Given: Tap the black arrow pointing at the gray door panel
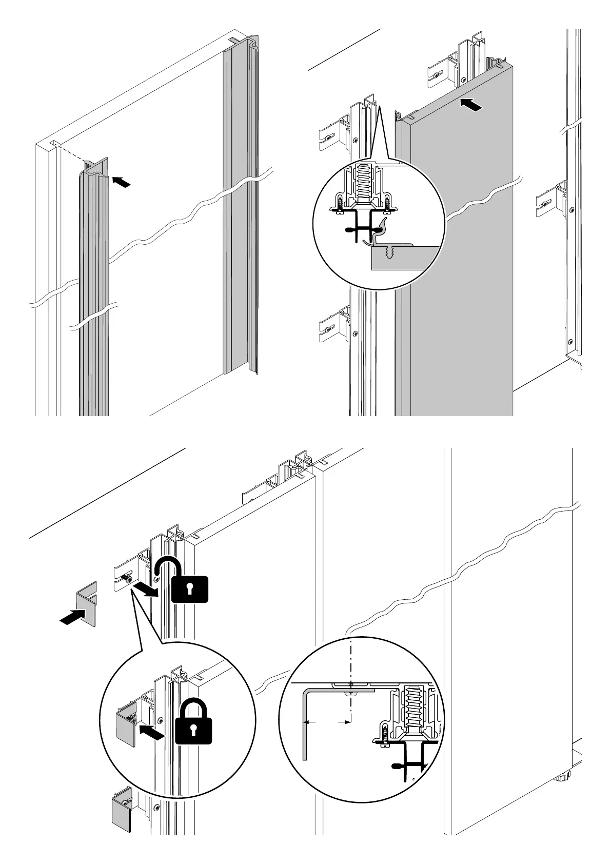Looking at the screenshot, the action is [471, 105].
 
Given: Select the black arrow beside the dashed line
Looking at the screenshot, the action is [121, 182].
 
